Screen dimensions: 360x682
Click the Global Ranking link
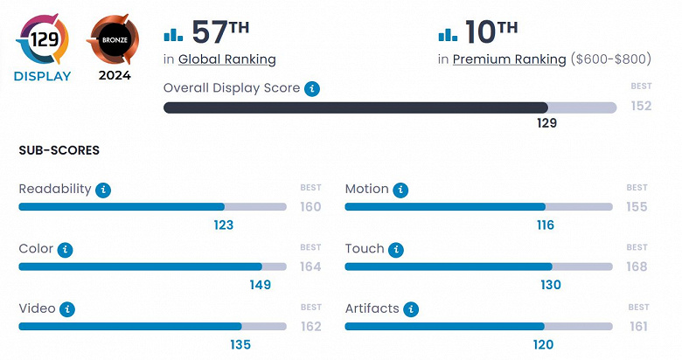click(226, 59)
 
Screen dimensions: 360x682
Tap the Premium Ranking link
click(509, 59)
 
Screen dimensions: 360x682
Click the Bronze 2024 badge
click(114, 40)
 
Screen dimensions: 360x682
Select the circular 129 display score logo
click(43, 39)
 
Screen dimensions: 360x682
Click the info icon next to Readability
click(104, 190)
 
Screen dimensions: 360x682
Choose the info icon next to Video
click(68, 309)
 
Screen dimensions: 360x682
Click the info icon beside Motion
click(400, 190)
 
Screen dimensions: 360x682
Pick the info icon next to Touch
click(397, 250)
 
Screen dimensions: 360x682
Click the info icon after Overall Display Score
click(312, 89)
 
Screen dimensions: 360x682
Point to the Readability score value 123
click(223, 225)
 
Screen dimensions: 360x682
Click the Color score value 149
click(260, 285)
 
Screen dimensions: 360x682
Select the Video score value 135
click(240, 344)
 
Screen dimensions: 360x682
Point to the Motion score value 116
click(545, 225)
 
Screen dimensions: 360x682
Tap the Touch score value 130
click(551, 285)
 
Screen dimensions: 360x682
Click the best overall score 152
click(641, 107)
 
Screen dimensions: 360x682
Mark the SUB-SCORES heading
click(59, 150)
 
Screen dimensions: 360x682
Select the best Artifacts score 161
click(637, 326)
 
